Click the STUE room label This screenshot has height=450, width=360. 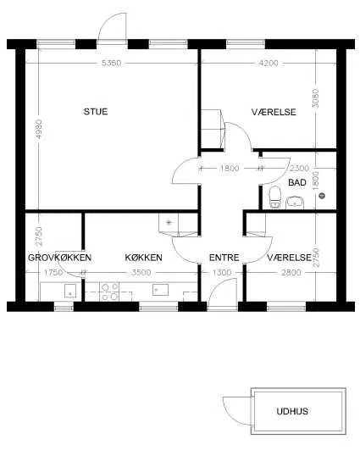pyautogui.click(x=96, y=111)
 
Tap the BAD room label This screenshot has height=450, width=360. pyautogui.click(x=297, y=182)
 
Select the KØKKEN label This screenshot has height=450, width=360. pyautogui.click(x=143, y=258)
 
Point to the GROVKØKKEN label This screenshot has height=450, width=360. pyautogui.click(x=59, y=258)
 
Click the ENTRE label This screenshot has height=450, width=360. pyautogui.click(x=224, y=258)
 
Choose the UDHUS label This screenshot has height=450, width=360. pyautogui.click(x=292, y=411)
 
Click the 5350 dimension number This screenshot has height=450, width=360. pyautogui.click(x=111, y=63)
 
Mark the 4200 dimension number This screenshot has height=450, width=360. pyautogui.click(x=269, y=63)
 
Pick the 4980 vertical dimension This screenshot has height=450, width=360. pyautogui.click(x=39, y=129)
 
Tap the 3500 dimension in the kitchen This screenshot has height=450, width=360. pyautogui.click(x=141, y=272)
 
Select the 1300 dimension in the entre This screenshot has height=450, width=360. pyautogui.click(x=222, y=272)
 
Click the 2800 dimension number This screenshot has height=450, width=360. pyautogui.click(x=291, y=272)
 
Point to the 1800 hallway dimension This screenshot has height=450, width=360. pyautogui.click(x=230, y=168)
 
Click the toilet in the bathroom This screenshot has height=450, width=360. pyautogui.click(x=274, y=197)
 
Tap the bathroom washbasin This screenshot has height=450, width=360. pyautogui.click(x=295, y=202)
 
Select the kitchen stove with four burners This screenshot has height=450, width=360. pyautogui.click(x=109, y=292)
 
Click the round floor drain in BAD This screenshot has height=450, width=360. pyautogui.click(x=322, y=196)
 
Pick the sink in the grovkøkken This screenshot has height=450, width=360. pyautogui.click(x=70, y=291)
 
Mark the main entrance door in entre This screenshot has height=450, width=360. pyautogui.click(x=222, y=293)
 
